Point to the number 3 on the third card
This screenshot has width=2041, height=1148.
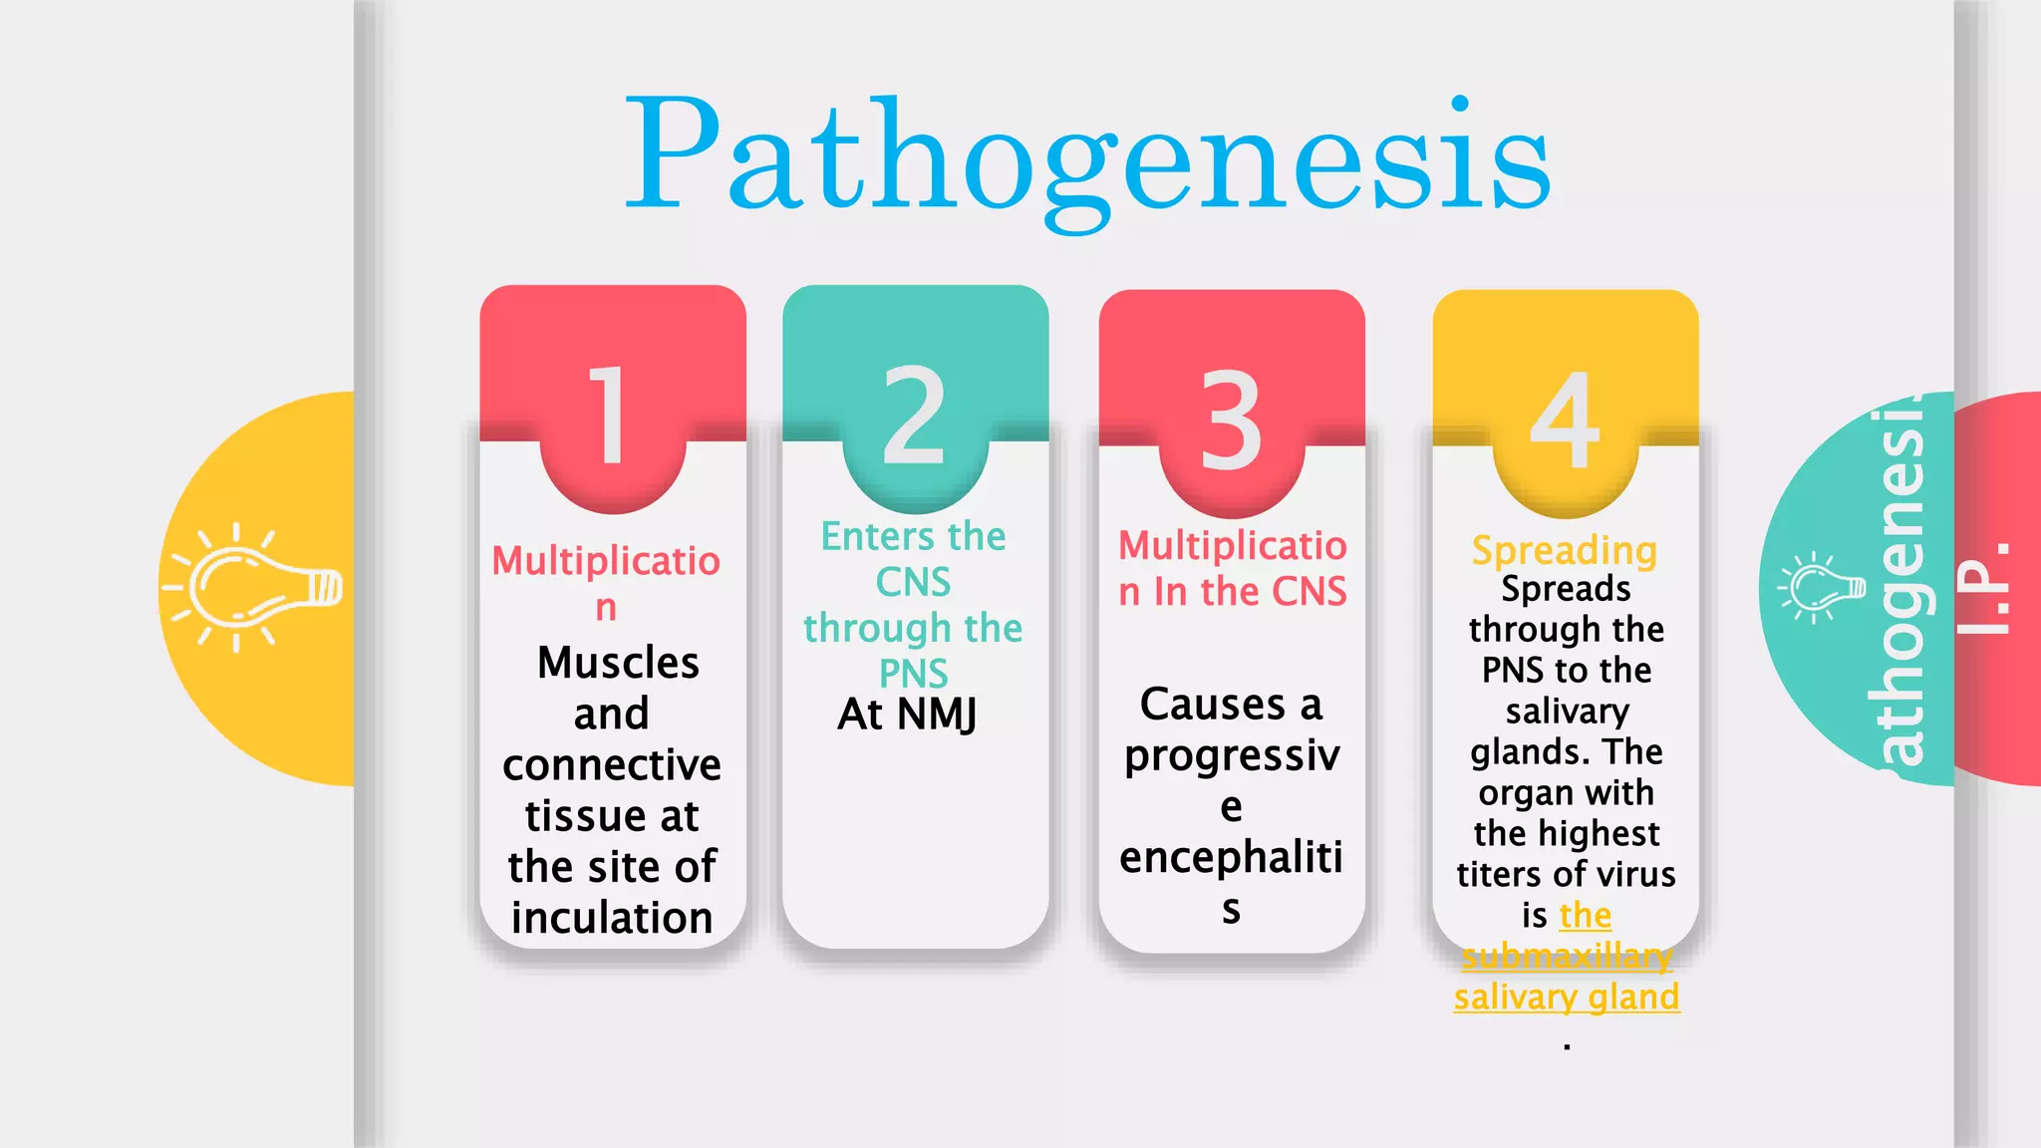pyautogui.click(x=1231, y=420)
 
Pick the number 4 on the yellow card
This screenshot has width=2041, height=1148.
pyautogui.click(x=1565, y=420)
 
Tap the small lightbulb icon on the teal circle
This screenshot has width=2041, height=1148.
pyautogui.click(x=1821, y=588)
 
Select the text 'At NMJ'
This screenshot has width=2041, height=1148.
pyautogui.click(x=908, y=715)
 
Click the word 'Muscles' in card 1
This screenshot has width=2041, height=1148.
pyautogui.click(x=618, y=664)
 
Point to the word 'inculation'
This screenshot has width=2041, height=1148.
pyautogui.click(x=612, y=918)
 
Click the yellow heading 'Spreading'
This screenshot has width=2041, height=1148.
pyautogui.click(x=1565, y=550)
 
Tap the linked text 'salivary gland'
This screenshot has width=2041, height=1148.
pyautogui.click(x=1567, y=997)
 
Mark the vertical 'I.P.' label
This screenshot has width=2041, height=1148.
pyautogui.click(x=1983, y=588)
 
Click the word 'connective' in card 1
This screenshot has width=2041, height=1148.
pyautogui.click(x=612, y=765)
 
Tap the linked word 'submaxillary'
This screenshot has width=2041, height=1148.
pyautogui.click(x=1567, y=957)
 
